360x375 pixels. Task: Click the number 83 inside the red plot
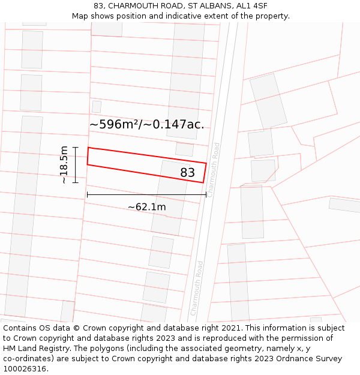[188, 173]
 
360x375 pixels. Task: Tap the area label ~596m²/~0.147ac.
[146, 125]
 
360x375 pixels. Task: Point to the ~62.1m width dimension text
[146, 207]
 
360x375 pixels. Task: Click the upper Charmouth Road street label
[213, 170]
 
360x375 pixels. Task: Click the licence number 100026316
[26, 369]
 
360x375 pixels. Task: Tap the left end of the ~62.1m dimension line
[87, 195]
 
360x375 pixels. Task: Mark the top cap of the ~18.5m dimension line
[76, 147]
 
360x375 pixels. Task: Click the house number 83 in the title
[99, 6]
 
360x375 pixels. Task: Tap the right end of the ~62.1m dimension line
[206, 195]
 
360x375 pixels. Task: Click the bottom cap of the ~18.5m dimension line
[76, 182]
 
